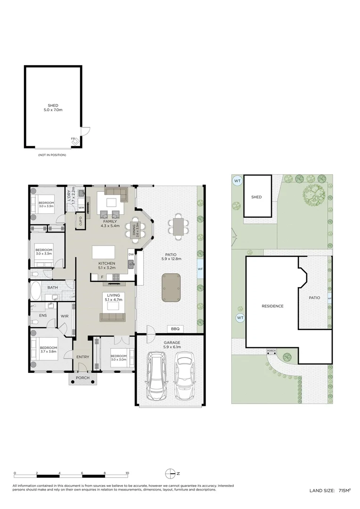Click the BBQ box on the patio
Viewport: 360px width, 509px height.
(175, 328)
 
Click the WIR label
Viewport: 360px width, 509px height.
(65, 316)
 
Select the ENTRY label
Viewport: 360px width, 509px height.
(82, 357)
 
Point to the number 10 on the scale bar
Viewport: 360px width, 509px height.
(127, 473)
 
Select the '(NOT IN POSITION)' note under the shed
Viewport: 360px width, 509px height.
(52, 155)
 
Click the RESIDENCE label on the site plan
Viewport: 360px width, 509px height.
(272, 306)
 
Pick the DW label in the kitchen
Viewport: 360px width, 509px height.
(131, 254)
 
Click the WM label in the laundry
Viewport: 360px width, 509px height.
(81, 207)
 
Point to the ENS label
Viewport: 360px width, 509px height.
(42, 315)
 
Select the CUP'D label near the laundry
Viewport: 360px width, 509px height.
(81, 220)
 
